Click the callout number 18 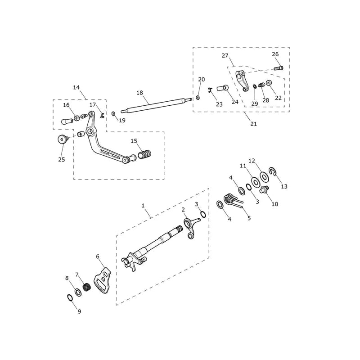[x=139, y=93]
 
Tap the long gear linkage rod [x=156, y=106]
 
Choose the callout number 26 [x=275, y=54]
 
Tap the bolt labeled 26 [x=279, y=68]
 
